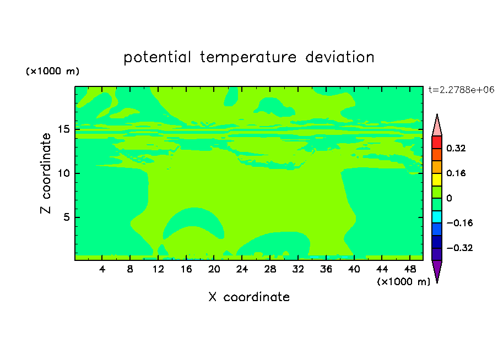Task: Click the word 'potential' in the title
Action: point(157,57)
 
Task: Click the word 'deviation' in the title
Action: point(340,57)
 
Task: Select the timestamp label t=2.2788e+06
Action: point(461,90)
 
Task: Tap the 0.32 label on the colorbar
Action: point(456,148)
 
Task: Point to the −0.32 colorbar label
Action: point(459,248)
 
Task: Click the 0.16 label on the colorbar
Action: point(456,173)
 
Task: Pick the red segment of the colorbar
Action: point(437,142)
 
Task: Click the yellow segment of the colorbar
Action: point(437,179)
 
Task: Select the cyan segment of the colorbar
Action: point(437,217)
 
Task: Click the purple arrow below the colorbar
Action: point(437,271)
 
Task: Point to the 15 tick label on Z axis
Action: point(64,129)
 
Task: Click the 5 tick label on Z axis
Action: point(66,217)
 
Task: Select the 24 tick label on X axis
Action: point(242,269)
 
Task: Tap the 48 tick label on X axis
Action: point(410,269)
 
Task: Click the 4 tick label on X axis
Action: point(102,269)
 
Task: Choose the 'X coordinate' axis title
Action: point(249,297)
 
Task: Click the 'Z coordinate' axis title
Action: point(46,173)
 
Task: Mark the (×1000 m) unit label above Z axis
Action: point(52,71)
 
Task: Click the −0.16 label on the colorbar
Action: point(459,223)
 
